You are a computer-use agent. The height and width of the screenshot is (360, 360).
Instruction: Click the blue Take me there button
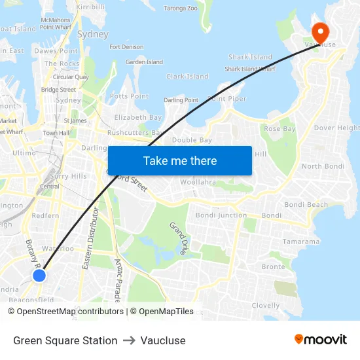tap(179, 160)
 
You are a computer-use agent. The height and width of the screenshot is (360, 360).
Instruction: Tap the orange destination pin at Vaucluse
tap(320, 33)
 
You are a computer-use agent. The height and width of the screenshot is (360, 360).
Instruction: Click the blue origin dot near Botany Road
tap(39, 276)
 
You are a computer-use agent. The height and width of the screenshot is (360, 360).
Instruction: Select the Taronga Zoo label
tap(180, 9)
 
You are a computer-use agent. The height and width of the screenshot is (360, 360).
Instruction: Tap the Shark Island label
tap(249, 57)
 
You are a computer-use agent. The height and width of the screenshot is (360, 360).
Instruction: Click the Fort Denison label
tap(126, 47)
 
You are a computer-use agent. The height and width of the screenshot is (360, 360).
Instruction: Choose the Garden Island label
tap(144, 62)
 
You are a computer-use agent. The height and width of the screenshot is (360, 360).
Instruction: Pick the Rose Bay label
tap(280, 129)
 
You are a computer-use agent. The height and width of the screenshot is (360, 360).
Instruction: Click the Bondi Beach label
tap(306, 205)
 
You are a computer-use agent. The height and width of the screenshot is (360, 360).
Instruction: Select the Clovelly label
tap(266, 306)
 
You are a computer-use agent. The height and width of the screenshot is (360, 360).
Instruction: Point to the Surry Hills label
tap(69, 176)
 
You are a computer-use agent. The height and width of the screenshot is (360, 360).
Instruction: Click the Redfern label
tap(45, 215)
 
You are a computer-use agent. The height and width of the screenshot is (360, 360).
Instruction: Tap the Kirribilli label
tap(90, 7)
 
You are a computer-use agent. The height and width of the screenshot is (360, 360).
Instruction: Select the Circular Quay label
tap(71, 77)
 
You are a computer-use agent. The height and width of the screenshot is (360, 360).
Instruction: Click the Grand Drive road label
tap(179, 238)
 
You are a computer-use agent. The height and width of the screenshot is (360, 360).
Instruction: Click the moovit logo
tap(320, 339)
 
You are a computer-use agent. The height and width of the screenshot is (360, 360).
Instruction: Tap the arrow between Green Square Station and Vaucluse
tap(128, 340)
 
